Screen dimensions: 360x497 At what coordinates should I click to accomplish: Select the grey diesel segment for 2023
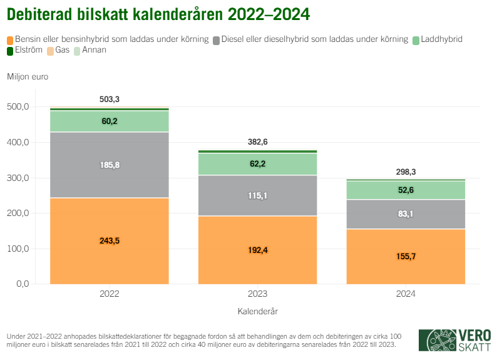pos(257,195)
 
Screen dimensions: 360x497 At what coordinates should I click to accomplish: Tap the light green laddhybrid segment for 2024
pos(406,190)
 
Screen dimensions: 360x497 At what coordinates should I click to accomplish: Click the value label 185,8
pos(110,165)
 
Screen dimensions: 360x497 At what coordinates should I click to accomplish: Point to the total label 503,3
pos(110,100)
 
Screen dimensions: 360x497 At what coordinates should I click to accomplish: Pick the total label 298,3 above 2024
pos(406,172)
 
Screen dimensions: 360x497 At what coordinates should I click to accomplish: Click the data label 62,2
pos(257,163)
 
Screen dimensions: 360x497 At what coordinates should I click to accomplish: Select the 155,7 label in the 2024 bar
pos(406,256)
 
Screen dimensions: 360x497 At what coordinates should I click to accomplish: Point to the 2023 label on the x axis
pos(257,294)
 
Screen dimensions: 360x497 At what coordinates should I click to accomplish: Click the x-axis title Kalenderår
pos(257,311)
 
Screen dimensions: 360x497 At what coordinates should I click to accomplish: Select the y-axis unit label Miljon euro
pos(28,77)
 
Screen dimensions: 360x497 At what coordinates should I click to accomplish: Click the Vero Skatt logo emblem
pos(437,339)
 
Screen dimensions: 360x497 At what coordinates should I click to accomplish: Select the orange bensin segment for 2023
pos(257,250)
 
